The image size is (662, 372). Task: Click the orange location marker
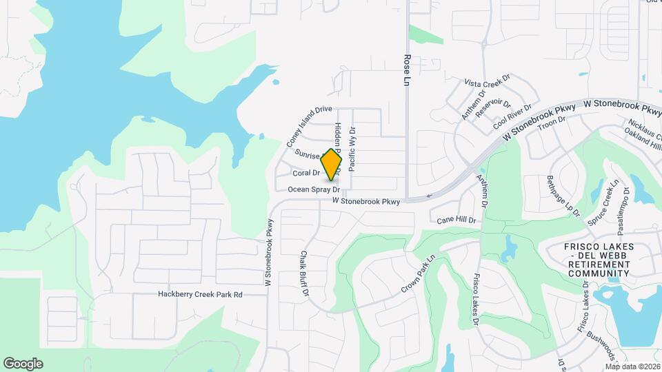[332, 165]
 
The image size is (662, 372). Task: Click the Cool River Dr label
[513, 118]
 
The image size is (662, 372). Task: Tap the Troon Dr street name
[551, 123]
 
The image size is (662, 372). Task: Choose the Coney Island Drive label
[310, 127]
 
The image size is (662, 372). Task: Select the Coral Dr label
[306, 173]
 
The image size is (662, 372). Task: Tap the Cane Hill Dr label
[457, 220]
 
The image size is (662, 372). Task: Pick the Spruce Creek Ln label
[601, 203]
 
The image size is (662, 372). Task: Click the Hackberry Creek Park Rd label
[200, 295]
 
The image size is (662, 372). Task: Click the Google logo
[23, 364]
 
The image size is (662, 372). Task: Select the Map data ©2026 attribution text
[632, 366]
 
